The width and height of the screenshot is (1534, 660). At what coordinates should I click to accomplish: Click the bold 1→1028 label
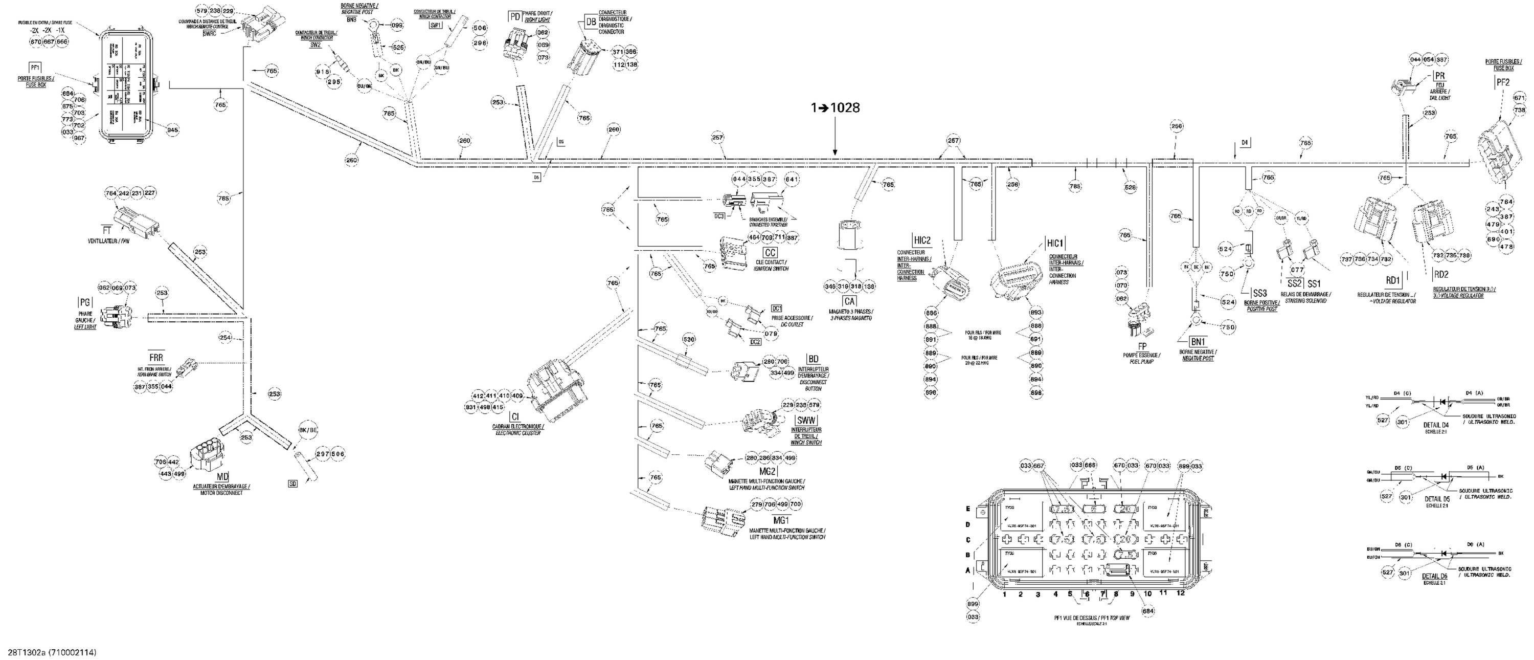click(834, 108)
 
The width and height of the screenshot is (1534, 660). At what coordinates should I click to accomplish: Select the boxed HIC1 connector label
click(1054, 244)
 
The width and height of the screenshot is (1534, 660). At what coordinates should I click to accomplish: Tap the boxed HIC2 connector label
click(922, 240)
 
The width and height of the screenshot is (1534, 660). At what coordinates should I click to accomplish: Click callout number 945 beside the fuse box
click(172, 130)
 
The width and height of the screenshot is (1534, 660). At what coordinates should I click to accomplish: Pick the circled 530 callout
click(688, 340)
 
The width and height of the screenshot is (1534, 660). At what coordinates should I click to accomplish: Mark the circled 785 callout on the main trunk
click(1075, 186)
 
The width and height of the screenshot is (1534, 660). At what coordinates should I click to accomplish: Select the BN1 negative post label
click(1198, 342)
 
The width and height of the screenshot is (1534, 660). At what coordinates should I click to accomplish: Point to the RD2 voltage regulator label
click(1441, 275)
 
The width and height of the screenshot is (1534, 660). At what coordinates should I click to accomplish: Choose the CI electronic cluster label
click(515, 416)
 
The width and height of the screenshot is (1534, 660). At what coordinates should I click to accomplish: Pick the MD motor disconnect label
click(221, 478)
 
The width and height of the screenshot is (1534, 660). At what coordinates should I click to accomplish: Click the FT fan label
click(107, 229)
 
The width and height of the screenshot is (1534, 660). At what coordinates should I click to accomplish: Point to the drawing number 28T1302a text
click(29, 653)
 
